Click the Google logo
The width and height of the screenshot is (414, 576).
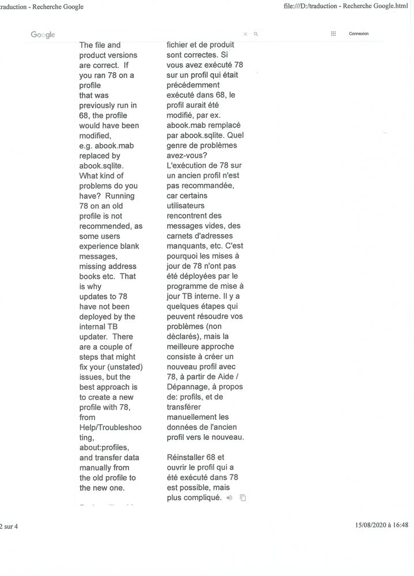tap(43, 35)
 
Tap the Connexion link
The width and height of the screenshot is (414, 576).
tap(359, 34)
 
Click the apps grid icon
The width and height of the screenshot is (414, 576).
tap(333, 34)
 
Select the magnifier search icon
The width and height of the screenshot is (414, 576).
tap(256, 34)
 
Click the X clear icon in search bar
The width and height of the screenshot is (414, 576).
tap(245, 34)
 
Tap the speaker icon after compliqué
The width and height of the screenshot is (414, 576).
tap(229, 498)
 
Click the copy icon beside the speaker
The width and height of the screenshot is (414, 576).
tap(243, 498)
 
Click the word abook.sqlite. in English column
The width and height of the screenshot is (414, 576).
tap(101, 165)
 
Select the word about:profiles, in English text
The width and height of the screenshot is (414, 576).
tap(104, 447)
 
